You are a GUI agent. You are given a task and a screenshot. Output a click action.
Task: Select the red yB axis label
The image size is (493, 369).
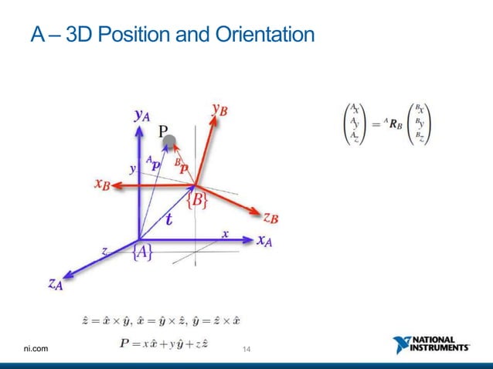(219, 110)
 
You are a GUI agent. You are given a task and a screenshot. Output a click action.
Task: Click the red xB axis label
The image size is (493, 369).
(102, 185)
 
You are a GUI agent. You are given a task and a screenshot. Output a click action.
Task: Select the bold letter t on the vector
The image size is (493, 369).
(168, 219)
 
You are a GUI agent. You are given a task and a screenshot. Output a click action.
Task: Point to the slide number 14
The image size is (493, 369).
(246, 350)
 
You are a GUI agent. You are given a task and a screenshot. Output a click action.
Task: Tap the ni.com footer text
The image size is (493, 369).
(37, 350)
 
